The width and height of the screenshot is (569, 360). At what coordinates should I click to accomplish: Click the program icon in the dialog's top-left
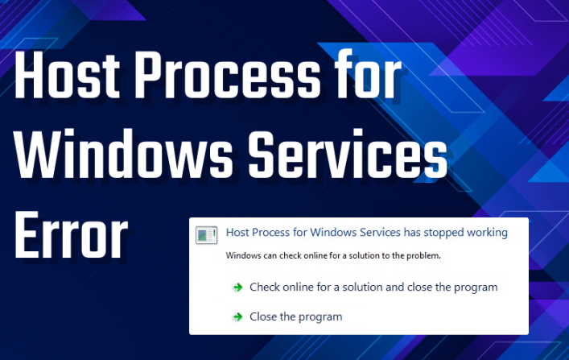pyautogui.click(x=207, y=235)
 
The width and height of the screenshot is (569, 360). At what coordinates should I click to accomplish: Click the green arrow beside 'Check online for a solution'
pyautogui.click(x=237, y=288)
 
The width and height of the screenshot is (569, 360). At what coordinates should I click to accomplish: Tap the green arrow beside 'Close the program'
pyautogui.click(x=237, y=317)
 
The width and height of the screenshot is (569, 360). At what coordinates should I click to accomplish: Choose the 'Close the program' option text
pyautogui.click(x=295, y=317)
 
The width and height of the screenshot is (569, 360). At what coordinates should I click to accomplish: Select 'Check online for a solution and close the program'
pyautogui.click(x=373, y=287)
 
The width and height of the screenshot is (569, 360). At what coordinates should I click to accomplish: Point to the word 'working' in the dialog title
pyautogui.click(x=487, y=233)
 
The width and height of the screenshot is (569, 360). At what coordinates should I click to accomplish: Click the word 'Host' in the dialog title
pyautogui.click(x=239, y=233)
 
